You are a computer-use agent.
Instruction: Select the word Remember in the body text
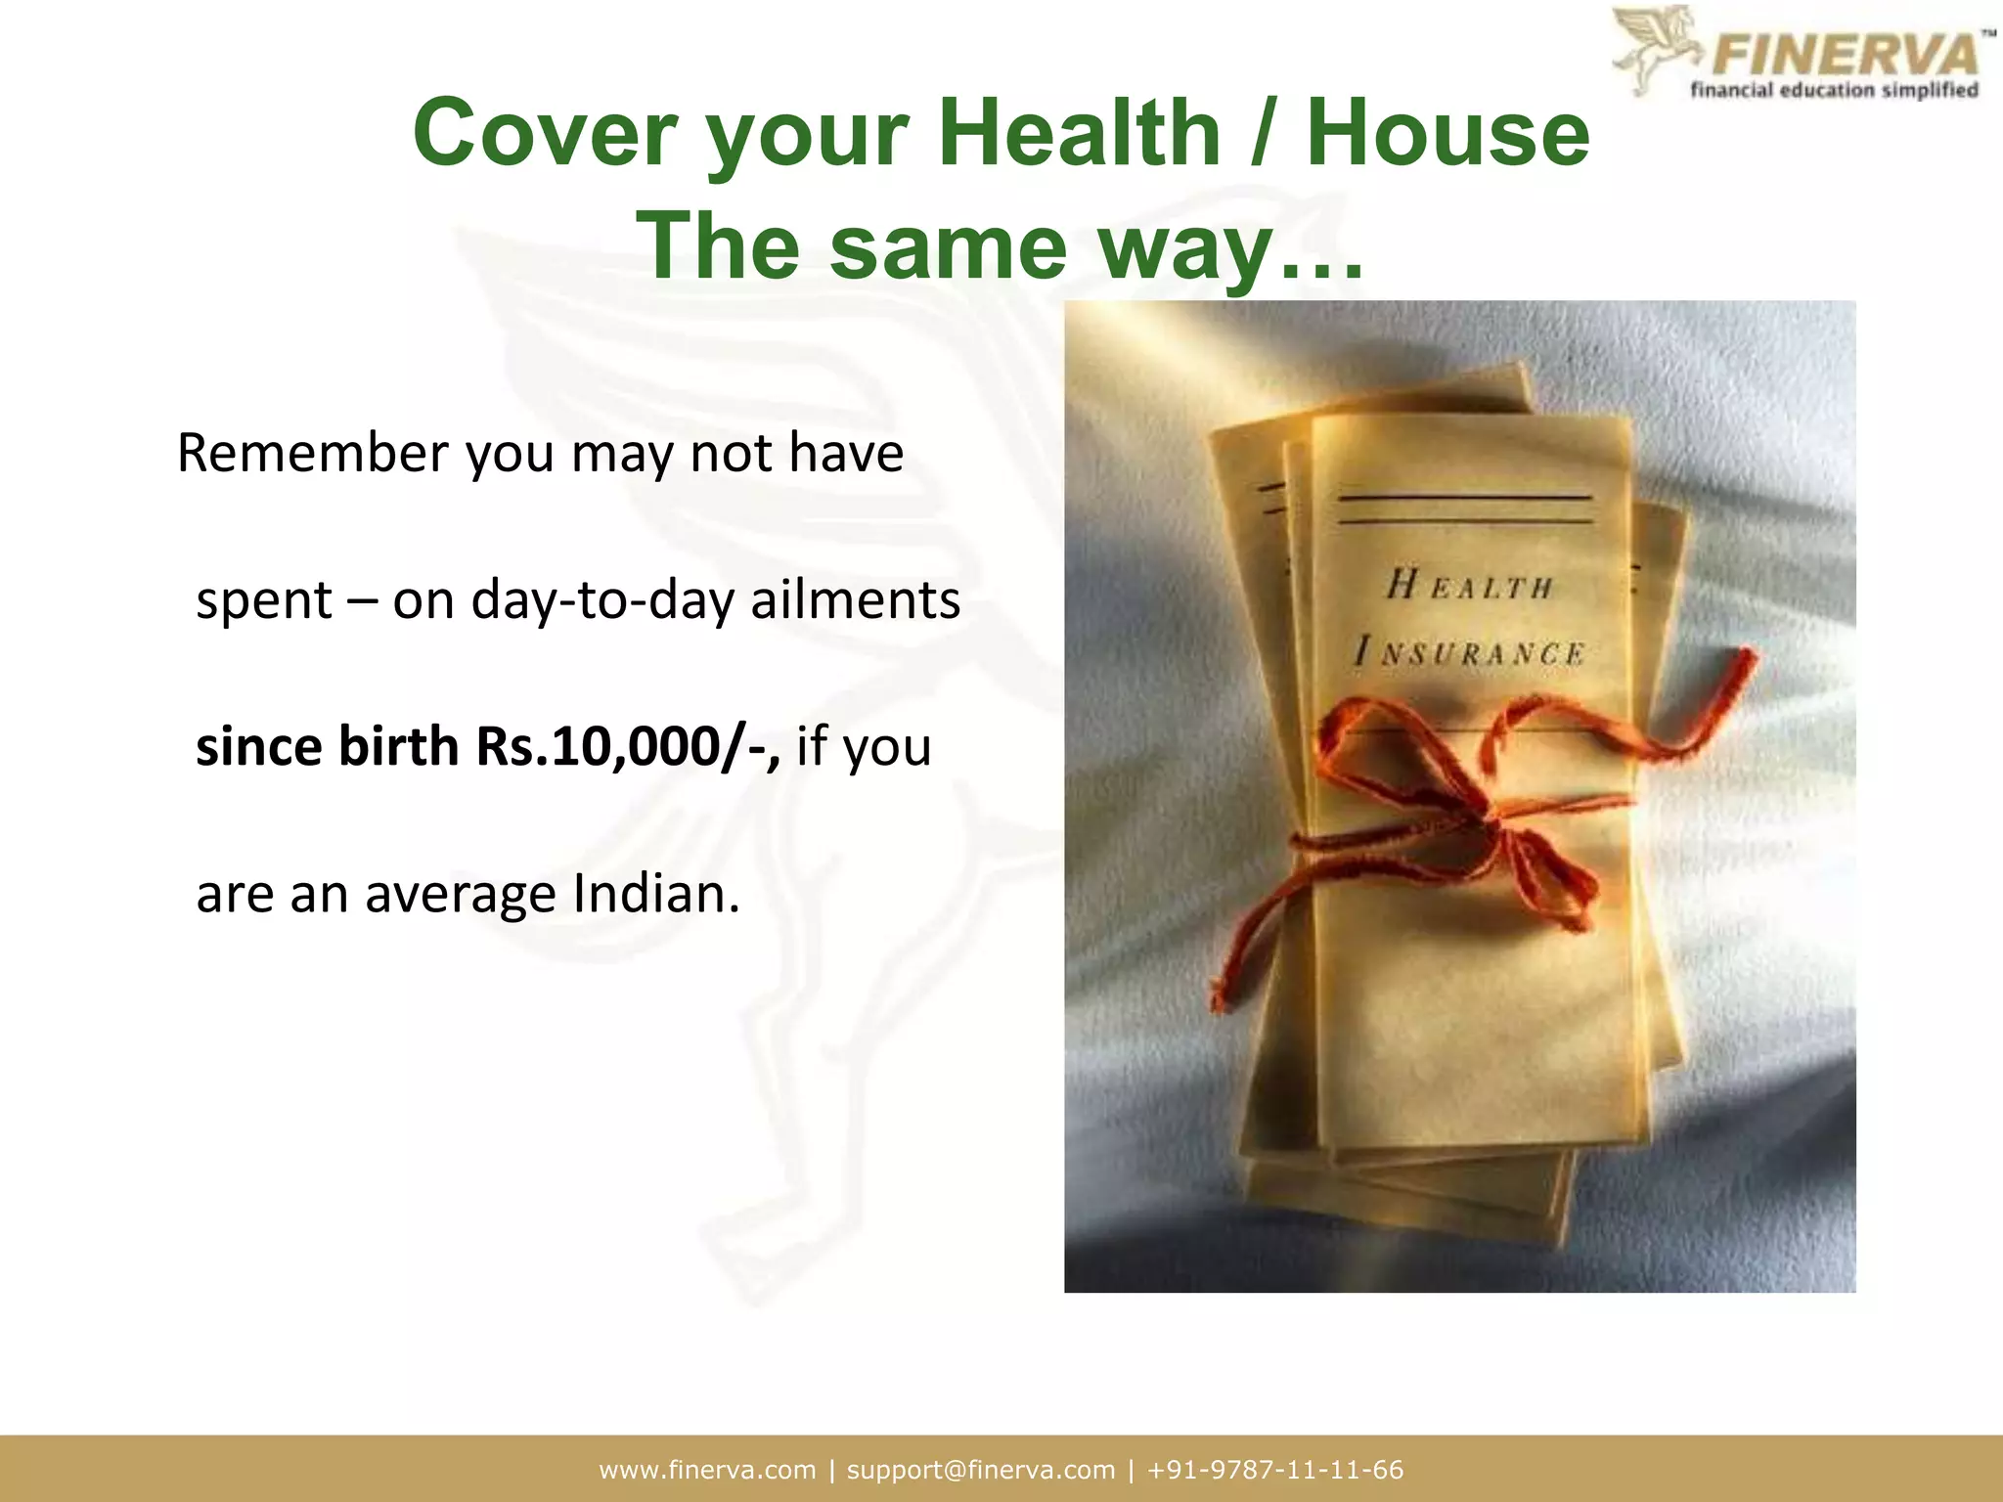click(x=312, y=453)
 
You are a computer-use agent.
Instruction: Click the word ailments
click(x=855, y=599)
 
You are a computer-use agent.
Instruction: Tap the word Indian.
click(x=656, y=894)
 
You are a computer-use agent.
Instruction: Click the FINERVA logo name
click(x=1845, y=54)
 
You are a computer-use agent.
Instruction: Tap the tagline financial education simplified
click(x=1834, y=91)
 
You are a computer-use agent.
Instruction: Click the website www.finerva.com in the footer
click(x=707, y=1470)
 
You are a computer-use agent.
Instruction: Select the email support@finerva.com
click(x=981, y=1470)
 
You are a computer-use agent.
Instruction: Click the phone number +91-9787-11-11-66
click(x=1275, y=1470)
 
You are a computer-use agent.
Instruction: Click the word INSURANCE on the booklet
click(x=1469, y=652)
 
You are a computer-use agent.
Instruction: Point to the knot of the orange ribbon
click(x=1487, y=817)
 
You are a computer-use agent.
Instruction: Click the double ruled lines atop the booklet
click(x=1464, y=509)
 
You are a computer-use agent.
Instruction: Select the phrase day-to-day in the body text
click(x=602, y=599)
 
